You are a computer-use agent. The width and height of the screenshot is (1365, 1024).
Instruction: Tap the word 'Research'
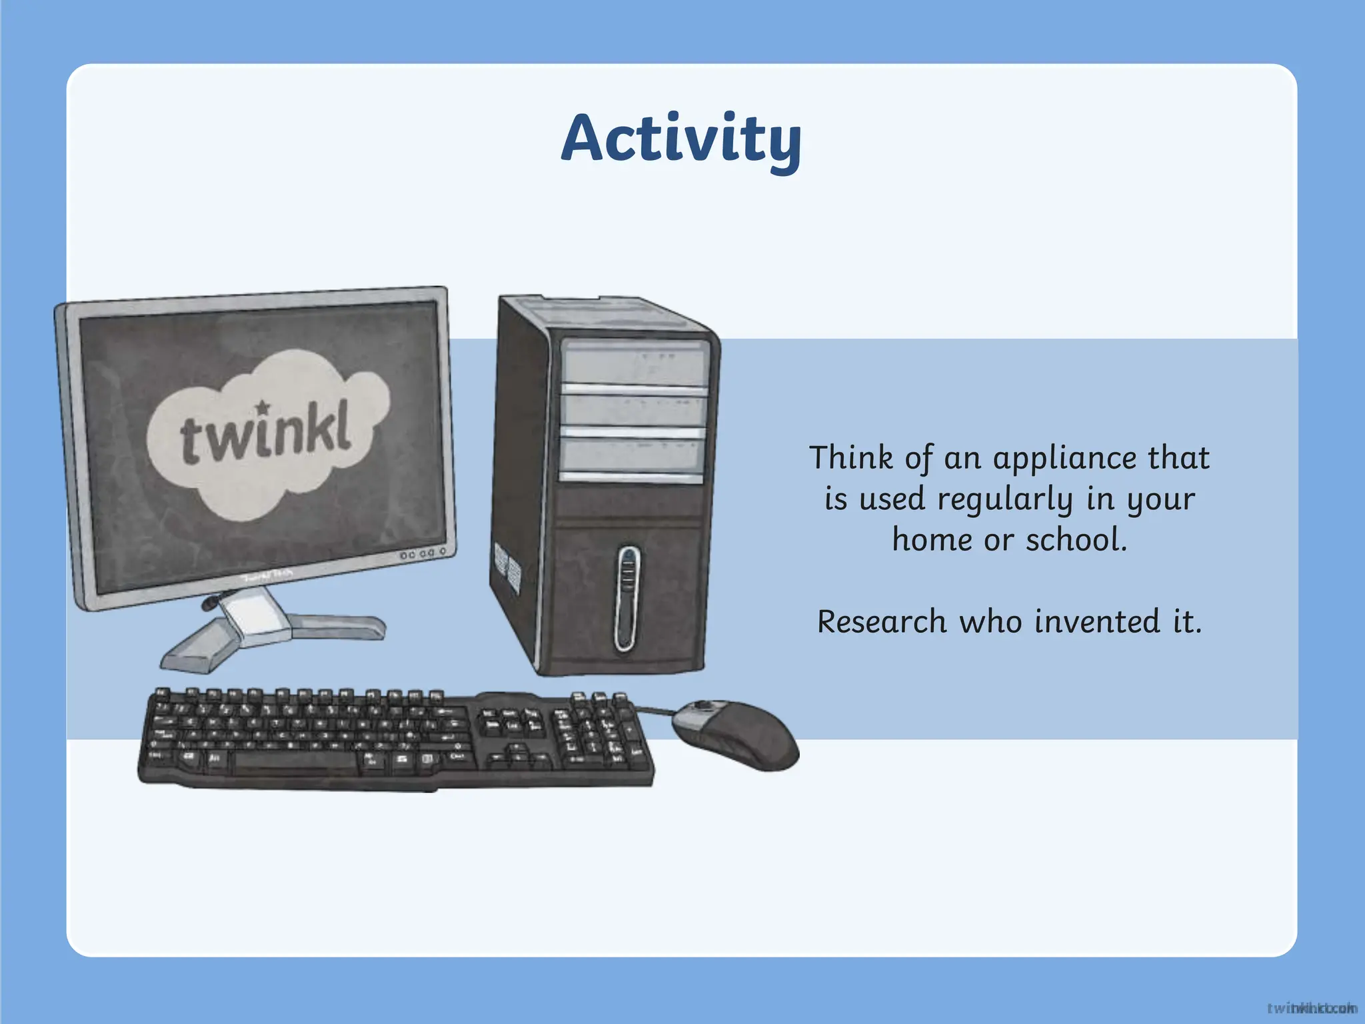[x=881, y=622]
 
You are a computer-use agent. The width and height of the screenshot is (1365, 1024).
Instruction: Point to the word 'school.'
[x=1076, y=540]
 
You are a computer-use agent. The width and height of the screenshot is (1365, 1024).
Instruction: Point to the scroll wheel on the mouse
[x=703, y=706]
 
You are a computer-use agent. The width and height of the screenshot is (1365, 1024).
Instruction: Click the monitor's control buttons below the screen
[x=421, y=554]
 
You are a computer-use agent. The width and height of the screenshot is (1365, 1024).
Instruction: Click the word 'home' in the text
[x=932, y=540]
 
